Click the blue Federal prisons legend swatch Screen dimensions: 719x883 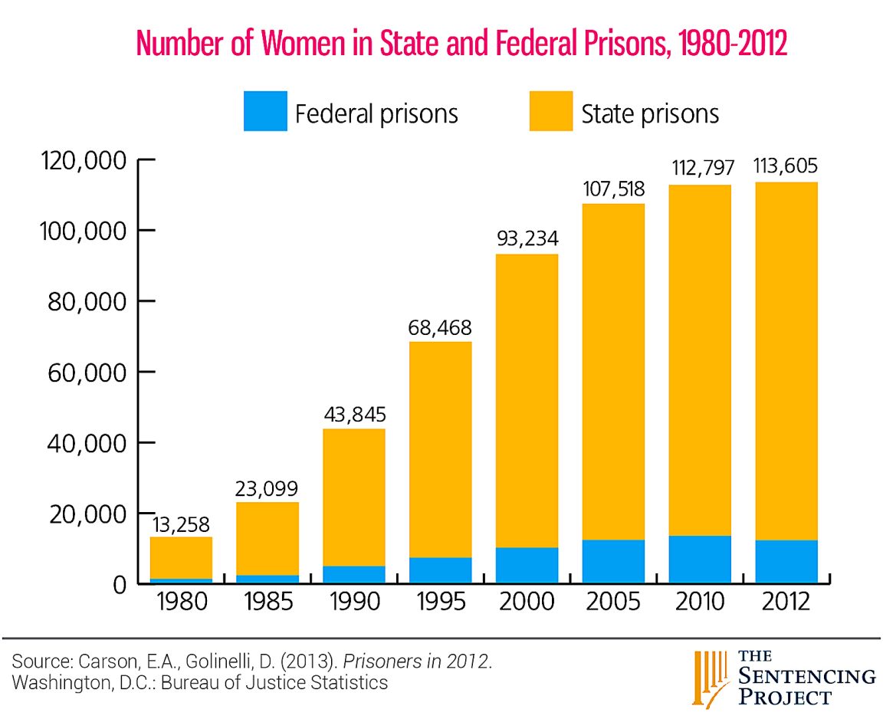[265, 111]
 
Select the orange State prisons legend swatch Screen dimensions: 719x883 [550, 111]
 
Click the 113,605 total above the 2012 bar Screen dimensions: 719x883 [786, 166]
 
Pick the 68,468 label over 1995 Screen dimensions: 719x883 [439, 329]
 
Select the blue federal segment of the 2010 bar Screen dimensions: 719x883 [699, 559]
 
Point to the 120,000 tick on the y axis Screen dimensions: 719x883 [77, 161]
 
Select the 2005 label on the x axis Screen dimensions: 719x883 [612, 602]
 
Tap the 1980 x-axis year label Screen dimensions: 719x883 [181, 602]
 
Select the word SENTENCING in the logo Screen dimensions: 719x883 [807, 676]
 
